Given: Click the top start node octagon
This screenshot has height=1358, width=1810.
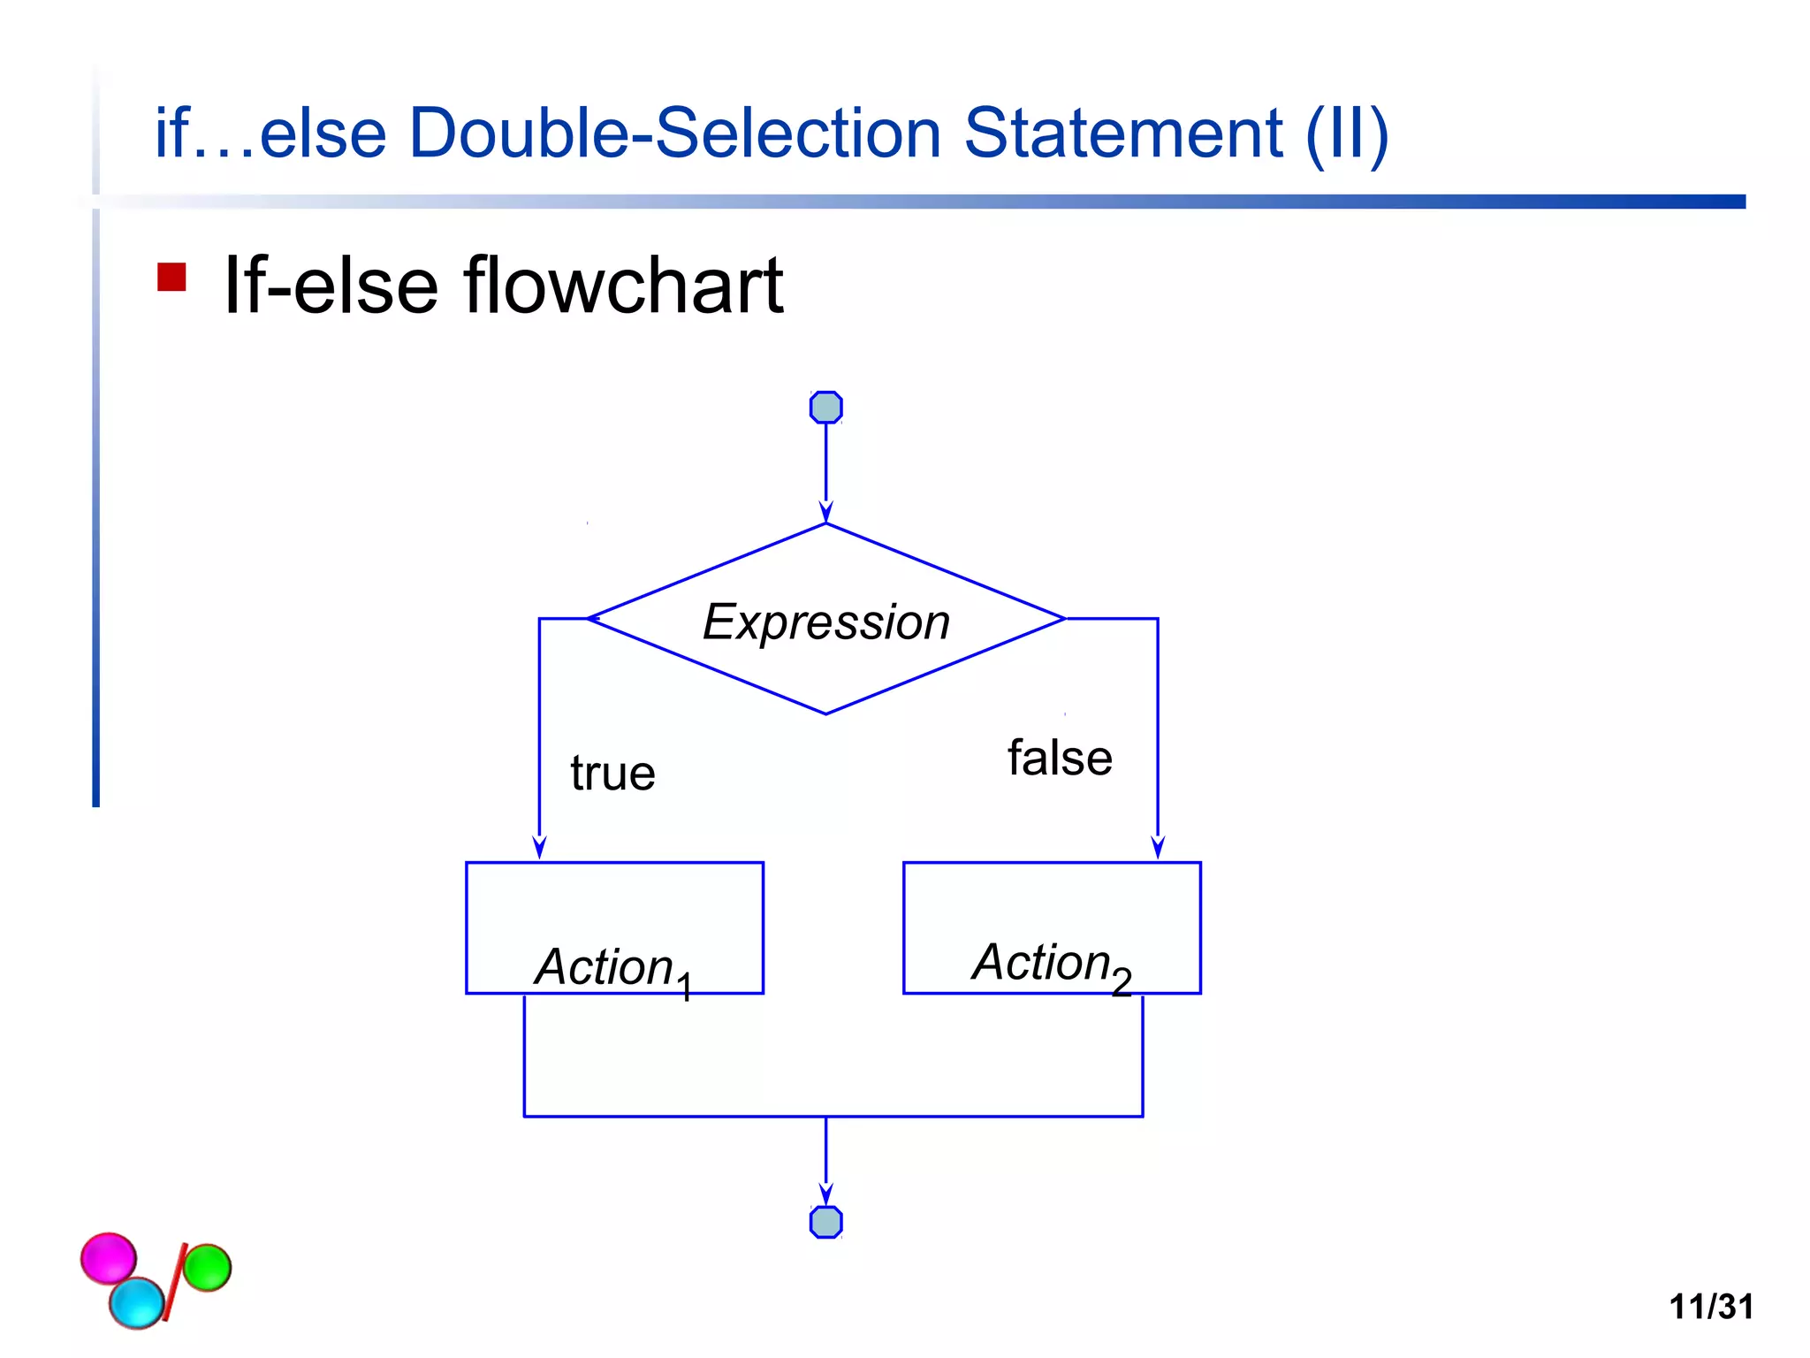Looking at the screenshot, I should (x=825, y=408).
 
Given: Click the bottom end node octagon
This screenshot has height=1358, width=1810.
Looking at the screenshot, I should (x=825, y=1222).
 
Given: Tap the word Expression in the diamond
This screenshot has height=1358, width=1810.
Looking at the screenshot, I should (x=825, y=622).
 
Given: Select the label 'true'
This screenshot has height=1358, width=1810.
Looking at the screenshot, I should (x=612, y=774).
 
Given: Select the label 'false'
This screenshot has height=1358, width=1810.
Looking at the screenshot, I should (x=1060, y=759).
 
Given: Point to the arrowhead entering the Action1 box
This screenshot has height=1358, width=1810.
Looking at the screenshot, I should (x=539, y=847).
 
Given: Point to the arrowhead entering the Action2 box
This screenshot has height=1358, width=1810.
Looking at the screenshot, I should (x=1158, y=847).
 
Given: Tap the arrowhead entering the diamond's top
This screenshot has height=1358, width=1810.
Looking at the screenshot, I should (x=825, y=512).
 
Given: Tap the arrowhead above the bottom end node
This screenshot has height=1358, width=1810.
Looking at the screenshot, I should (x=825, y=1194).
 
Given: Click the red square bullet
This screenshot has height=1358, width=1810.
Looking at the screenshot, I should (x=171, y=277).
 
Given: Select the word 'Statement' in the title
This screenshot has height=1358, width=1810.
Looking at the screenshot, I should (x=1122, y=134).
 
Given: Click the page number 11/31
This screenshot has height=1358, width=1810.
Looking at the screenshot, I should (x=1710, y=1306).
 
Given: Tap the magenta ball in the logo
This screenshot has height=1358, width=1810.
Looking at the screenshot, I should (x=107, y=1257).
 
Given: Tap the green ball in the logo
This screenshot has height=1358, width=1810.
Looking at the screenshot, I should (x=207, y=1267).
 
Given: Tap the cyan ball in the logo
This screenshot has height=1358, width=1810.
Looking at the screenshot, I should (x=136, y=1302).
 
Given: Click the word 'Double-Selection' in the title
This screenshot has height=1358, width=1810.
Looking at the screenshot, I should (x=675, y=134).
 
